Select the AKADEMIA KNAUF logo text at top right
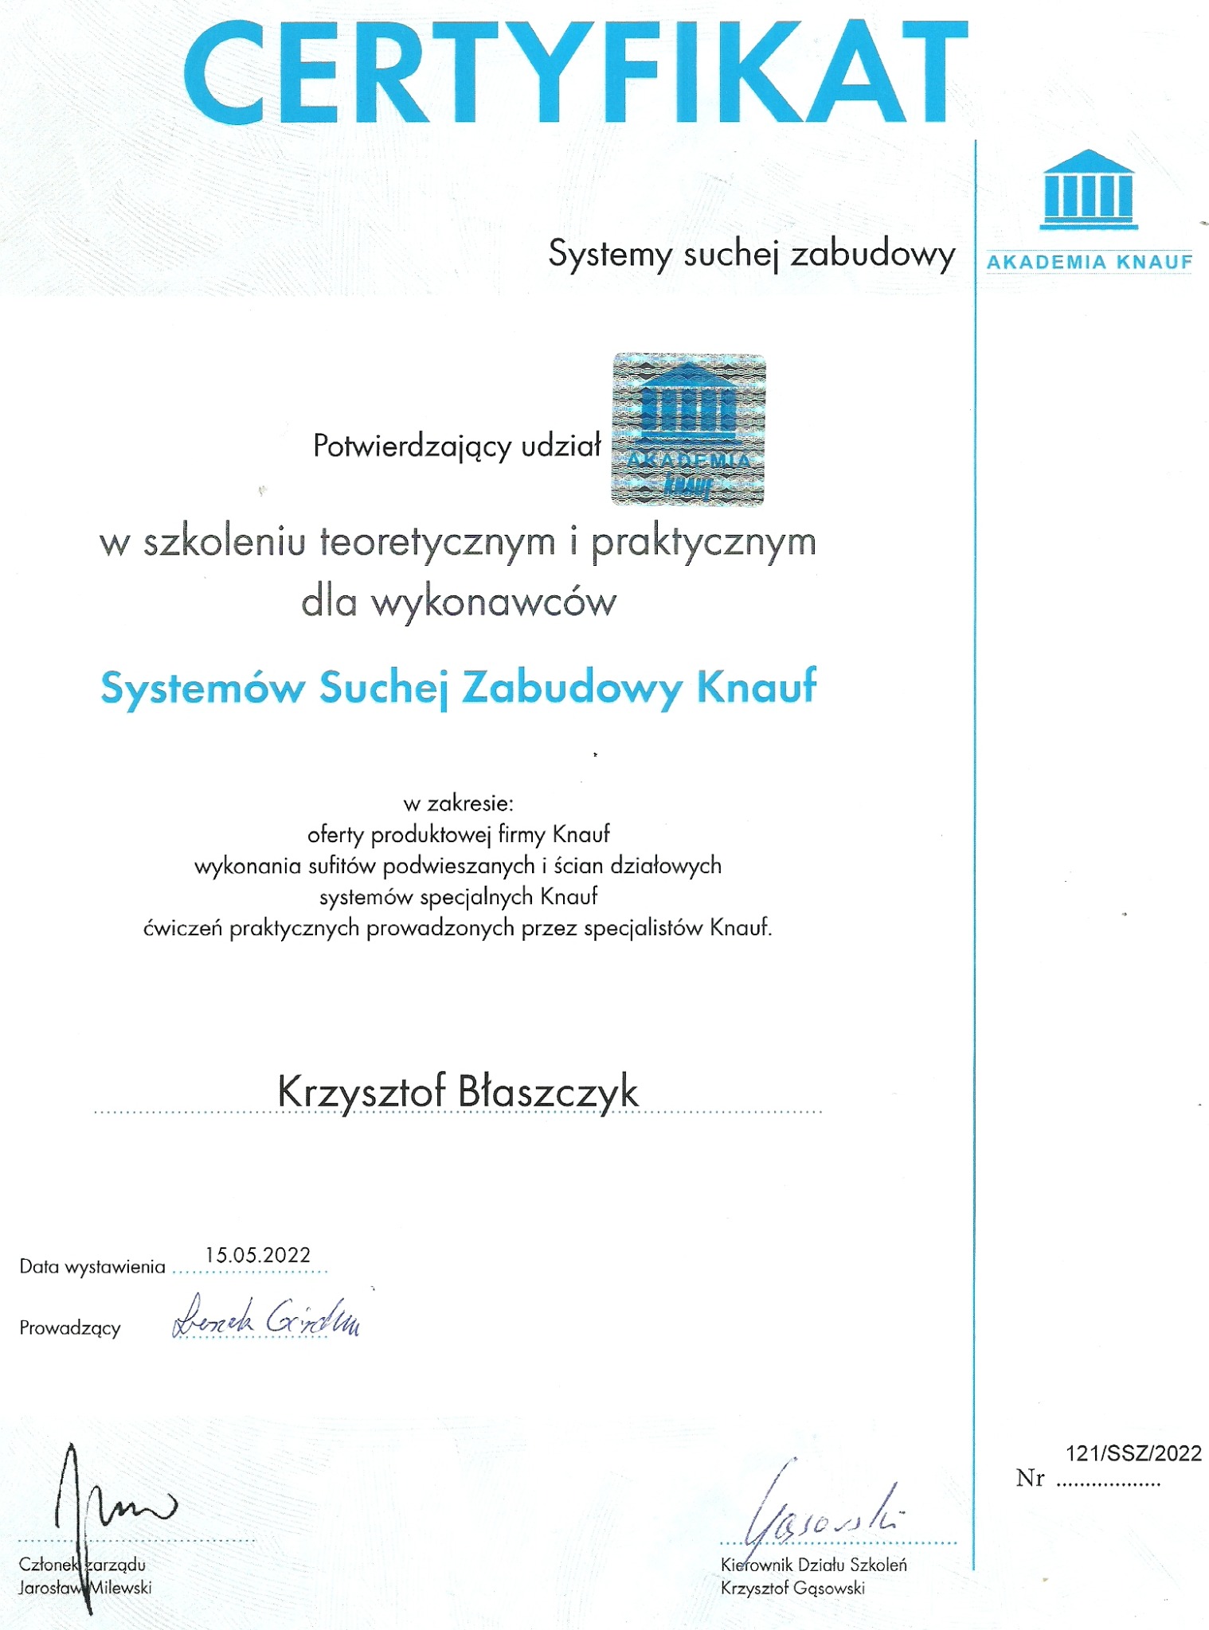coord(1090,262)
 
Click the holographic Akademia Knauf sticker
coord(688,430)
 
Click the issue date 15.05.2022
coord(257,1255)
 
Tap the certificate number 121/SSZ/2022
coord(1133,1454)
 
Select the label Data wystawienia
coord(92,1267)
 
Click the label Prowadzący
coord(70,1328)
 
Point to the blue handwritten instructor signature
coord(266,1318)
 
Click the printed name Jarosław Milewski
coord(85,1588)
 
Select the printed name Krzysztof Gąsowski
coord(792,1589)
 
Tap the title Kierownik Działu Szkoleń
coord(813,1565)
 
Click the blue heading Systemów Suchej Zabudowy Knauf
coord(458,687)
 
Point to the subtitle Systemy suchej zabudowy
coord(751,255)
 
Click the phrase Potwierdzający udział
coord(456,446)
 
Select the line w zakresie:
coord(458,803)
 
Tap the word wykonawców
coord(494,602)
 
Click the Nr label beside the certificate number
coord(1030,1479)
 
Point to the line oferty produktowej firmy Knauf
coord(458,835)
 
